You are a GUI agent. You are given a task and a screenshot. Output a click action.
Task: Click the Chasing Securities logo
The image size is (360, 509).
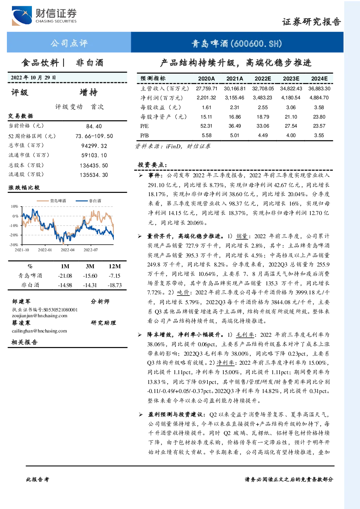(44, 16)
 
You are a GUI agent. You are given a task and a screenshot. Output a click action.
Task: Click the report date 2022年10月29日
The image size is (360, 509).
(33, 78)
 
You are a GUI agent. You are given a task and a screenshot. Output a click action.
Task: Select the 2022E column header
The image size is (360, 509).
(263, 79)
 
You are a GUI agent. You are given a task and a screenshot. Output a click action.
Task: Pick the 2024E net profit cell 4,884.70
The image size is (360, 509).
(319, 98)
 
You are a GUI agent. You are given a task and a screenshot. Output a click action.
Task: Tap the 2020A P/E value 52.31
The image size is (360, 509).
(206, 126)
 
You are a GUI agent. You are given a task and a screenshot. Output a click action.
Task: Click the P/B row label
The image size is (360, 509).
(144, 136)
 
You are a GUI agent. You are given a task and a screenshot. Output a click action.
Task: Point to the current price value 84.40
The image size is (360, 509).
(94, 126)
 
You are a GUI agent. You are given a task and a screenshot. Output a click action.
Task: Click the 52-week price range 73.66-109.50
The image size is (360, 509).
(94, 136)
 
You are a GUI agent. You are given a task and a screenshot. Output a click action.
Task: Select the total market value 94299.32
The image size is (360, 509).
(94, 146)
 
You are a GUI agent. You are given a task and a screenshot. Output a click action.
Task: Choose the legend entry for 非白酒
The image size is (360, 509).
(88, 201)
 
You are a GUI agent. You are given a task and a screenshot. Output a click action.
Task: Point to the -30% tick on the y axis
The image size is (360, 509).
(14, 245)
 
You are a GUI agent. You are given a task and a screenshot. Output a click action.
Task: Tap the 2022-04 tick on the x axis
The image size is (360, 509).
(67, 250)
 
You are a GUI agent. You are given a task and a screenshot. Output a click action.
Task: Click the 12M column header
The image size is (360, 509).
(115, 266)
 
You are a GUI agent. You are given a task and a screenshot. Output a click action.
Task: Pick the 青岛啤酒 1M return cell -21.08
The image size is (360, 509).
(65, 276)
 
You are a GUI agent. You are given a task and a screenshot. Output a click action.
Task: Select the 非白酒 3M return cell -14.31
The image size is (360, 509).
(90, 285)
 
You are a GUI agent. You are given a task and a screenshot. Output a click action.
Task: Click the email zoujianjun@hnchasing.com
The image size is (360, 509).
(40, 316)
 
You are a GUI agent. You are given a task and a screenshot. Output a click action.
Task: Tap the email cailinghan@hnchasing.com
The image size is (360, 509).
(39, 331)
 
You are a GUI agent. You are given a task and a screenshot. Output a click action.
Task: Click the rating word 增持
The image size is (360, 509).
(88, 92)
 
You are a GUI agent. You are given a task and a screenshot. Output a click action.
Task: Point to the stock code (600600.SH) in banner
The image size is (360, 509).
(256, 43)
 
